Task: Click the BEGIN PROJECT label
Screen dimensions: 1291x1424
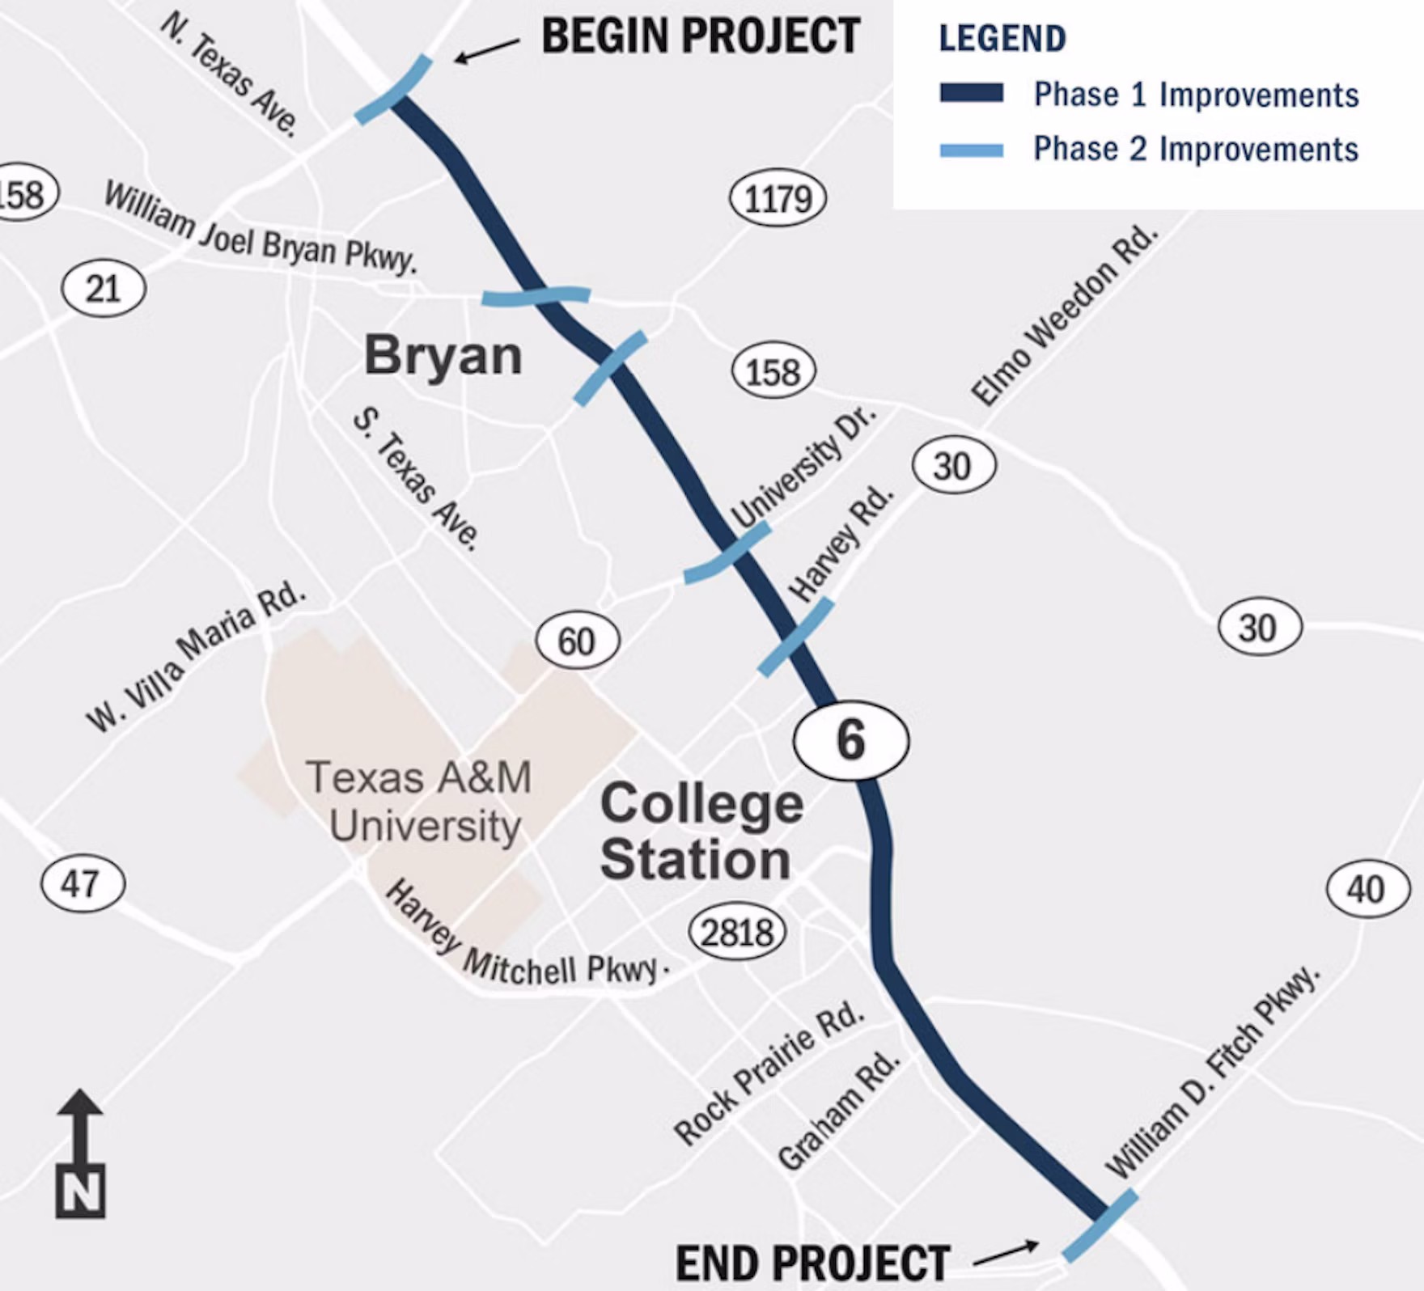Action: click(x=700, y=36)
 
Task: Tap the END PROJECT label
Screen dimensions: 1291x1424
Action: click(x=812, y=1262)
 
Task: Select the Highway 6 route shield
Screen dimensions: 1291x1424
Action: click(x=850, y=740)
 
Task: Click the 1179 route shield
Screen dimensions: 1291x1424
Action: click(x=778, y=199)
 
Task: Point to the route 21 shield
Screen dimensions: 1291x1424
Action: click(x=104, y=289)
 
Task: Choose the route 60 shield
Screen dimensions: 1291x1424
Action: click(x=577, y=641)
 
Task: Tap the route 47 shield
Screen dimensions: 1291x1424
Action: click(x=83, y=883)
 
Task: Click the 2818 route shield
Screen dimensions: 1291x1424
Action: click(x=736, y=933)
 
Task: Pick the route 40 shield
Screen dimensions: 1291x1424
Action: click(x=1367, y=890)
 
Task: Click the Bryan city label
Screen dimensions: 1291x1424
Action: click(x=443, y=355)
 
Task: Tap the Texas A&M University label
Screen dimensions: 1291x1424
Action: click(x=421, y=802)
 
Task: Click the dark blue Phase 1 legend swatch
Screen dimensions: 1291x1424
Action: click(x=971, y=93)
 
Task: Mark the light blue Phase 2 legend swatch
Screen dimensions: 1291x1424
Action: click(x=971, y=150)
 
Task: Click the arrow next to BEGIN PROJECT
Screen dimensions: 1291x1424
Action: click(x=485, y=51)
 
